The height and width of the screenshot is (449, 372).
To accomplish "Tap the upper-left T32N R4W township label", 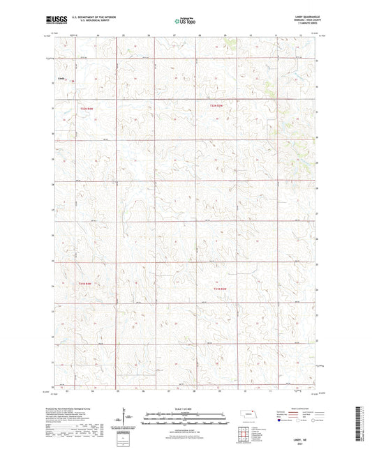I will pos(85,107).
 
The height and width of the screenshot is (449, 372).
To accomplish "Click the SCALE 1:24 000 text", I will pos(185,408).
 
